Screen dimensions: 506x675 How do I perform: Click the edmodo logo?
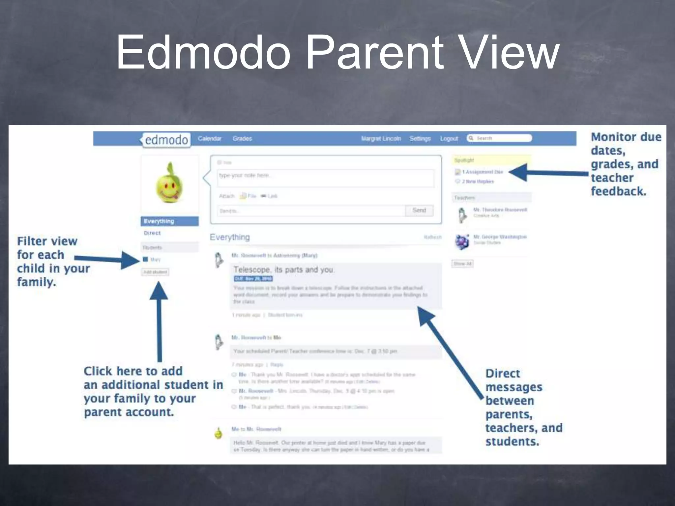click(x=166, y=140)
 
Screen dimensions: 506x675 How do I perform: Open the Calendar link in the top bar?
click(x=210, y=139)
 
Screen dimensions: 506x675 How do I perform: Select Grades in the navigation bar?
click(x=242, y=139)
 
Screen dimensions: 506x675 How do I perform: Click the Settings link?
click(x=420, y=139)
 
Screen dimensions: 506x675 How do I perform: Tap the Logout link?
click(x=449, y=139)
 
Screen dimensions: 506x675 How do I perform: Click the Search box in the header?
click(x=499, y=138)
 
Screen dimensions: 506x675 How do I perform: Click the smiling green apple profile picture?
click(x=169, y=183)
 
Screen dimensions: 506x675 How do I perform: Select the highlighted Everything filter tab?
click(x=170, y=221)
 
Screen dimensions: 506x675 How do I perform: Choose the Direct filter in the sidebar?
click(x=152, y=233)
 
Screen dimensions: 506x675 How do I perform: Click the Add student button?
click(x=155, y=272)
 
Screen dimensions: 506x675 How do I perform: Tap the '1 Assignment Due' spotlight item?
click(x=482, y=172)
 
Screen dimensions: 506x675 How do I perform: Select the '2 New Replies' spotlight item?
click(x=478, y=182)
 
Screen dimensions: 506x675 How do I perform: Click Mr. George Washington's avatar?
click(x=462, y=242)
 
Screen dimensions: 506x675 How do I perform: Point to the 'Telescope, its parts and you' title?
click(x=284, y=270)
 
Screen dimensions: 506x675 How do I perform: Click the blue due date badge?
click(x=253, y=279)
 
